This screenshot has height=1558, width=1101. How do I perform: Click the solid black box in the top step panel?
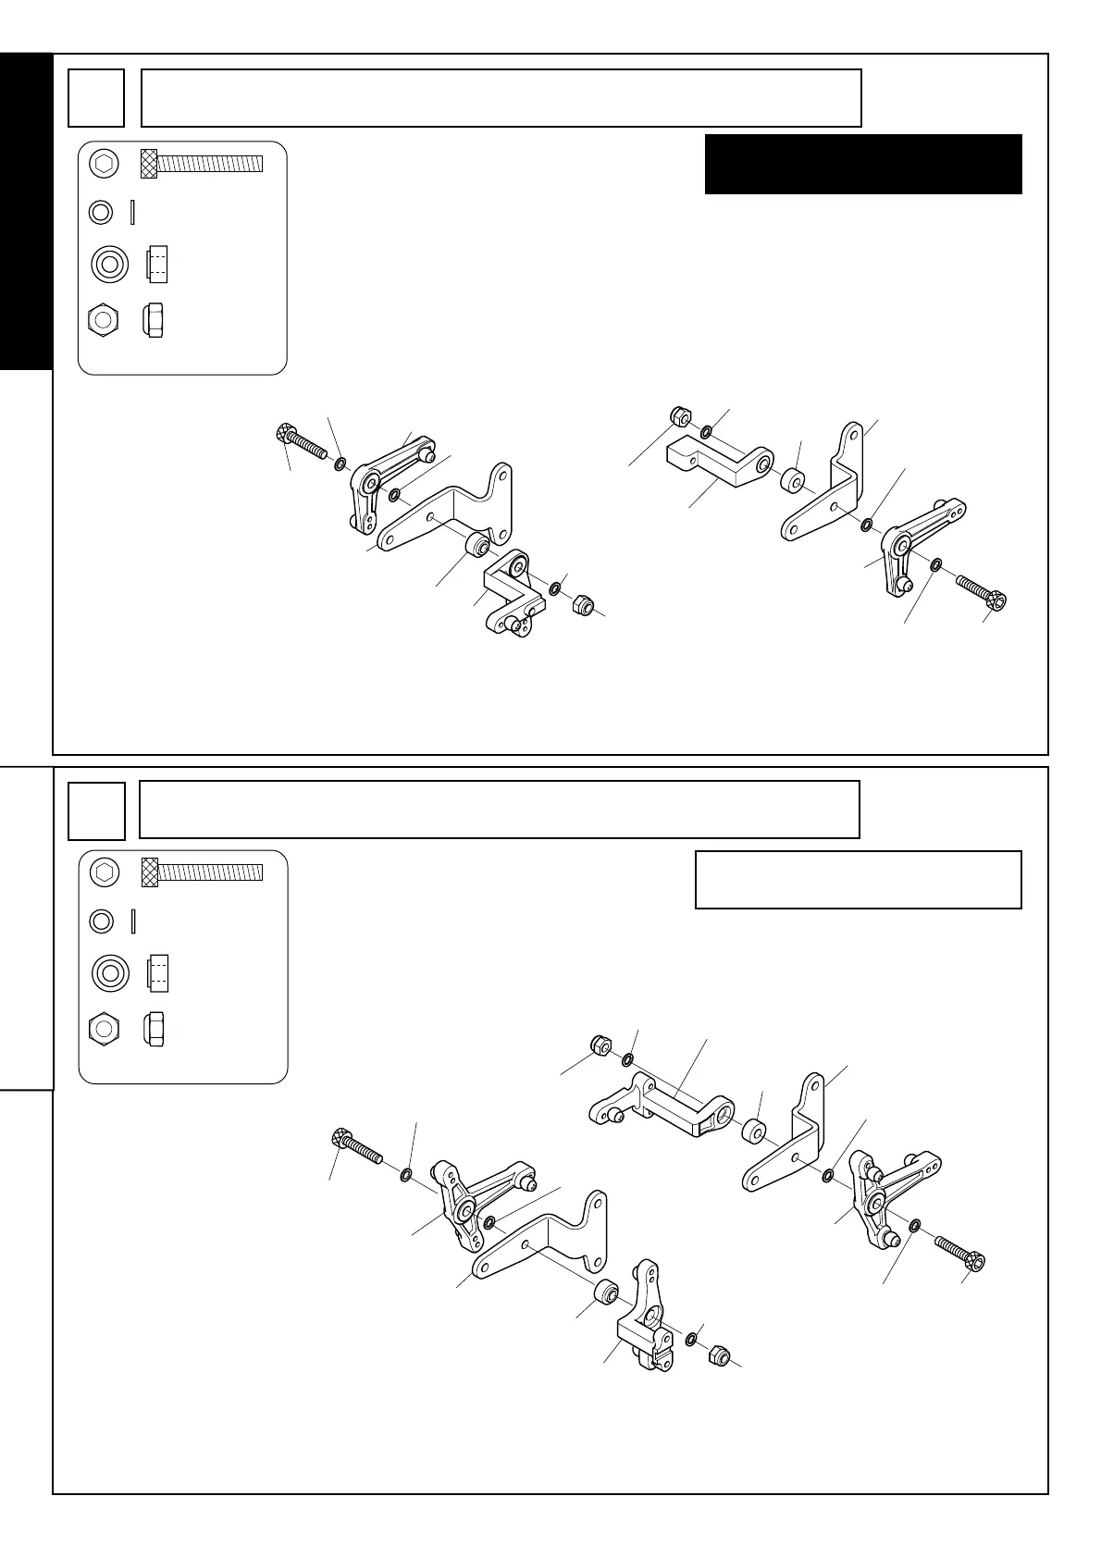(x=862, y=164)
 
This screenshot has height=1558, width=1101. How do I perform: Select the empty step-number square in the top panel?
(x=96, y=98)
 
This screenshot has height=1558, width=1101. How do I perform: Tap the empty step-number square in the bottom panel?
(x=96, y=810)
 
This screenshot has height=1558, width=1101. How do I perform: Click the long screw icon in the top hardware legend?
(x=202, y=164)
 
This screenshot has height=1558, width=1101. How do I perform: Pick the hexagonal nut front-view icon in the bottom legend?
(x=105, y=1029)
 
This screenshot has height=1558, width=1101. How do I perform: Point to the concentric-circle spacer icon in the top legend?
(x=108, y=266)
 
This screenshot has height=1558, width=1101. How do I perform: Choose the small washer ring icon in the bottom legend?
(x=102, y=921)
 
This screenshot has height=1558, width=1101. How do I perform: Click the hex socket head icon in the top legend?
(x=105, y=164)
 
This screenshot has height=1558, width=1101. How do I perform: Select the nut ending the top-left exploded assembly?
(x=584, y=605)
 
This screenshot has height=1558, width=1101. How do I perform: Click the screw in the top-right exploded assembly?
(x=980, y=592)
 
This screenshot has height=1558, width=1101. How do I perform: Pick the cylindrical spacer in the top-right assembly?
(x=793, y=481)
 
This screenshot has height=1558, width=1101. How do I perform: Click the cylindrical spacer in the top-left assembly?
(x=478, y=544)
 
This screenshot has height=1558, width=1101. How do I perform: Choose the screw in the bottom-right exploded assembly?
(x=959, y=1251)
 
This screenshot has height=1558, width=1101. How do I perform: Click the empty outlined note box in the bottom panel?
(x=858, y=880)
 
